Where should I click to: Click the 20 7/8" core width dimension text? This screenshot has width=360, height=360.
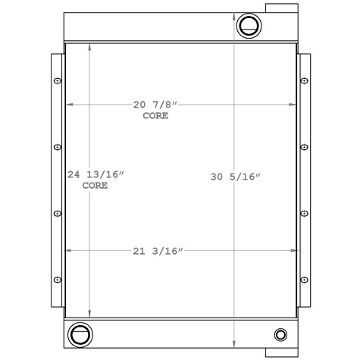click(155, 104)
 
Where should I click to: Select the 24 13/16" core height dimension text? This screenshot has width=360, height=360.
click(95, 174)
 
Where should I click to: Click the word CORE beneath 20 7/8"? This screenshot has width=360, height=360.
click(155, 117)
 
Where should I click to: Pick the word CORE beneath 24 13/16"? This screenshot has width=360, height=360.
click(95, 185)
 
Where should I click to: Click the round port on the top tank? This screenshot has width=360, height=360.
click(248, 26)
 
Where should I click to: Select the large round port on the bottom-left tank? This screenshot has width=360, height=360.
click(78, 333)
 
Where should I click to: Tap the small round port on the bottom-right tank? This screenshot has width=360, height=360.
click(281, 334)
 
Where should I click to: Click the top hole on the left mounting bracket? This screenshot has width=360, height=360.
click(58, 80)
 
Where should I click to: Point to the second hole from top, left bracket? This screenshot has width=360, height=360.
click(58, 146)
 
